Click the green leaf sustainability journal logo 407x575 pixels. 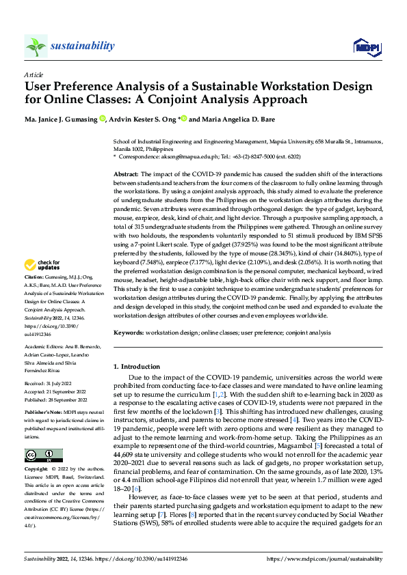(36, 46)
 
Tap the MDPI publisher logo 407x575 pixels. (365, 46)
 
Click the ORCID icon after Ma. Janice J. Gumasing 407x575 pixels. (102, 119)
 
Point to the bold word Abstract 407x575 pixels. (127, 176)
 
